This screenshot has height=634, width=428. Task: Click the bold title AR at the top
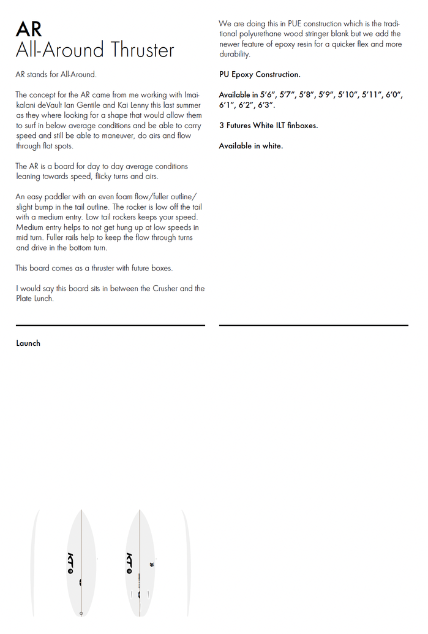tap(29, 28)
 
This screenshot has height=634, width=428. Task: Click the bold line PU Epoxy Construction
tap(260, 75)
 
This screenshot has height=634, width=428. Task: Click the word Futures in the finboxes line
tap(238, 126)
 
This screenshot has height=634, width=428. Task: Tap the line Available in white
tap(250, 146)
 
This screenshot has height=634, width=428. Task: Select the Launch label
tap(28, 343)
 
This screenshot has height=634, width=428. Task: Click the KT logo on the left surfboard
tap(70, 562)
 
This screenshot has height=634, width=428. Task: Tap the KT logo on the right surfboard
tap(129, 562)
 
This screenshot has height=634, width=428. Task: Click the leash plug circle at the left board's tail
tap(81, 613)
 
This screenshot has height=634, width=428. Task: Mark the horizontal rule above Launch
tap(110, 325)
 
